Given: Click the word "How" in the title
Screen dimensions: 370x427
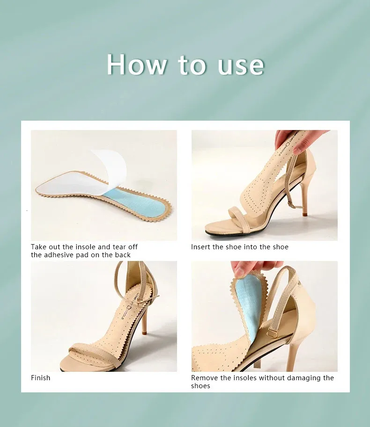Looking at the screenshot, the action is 136,65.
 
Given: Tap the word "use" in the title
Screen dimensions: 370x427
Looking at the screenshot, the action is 241,65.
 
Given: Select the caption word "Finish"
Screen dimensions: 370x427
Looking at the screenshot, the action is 41,378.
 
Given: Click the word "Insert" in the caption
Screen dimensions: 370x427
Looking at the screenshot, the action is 200,247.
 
